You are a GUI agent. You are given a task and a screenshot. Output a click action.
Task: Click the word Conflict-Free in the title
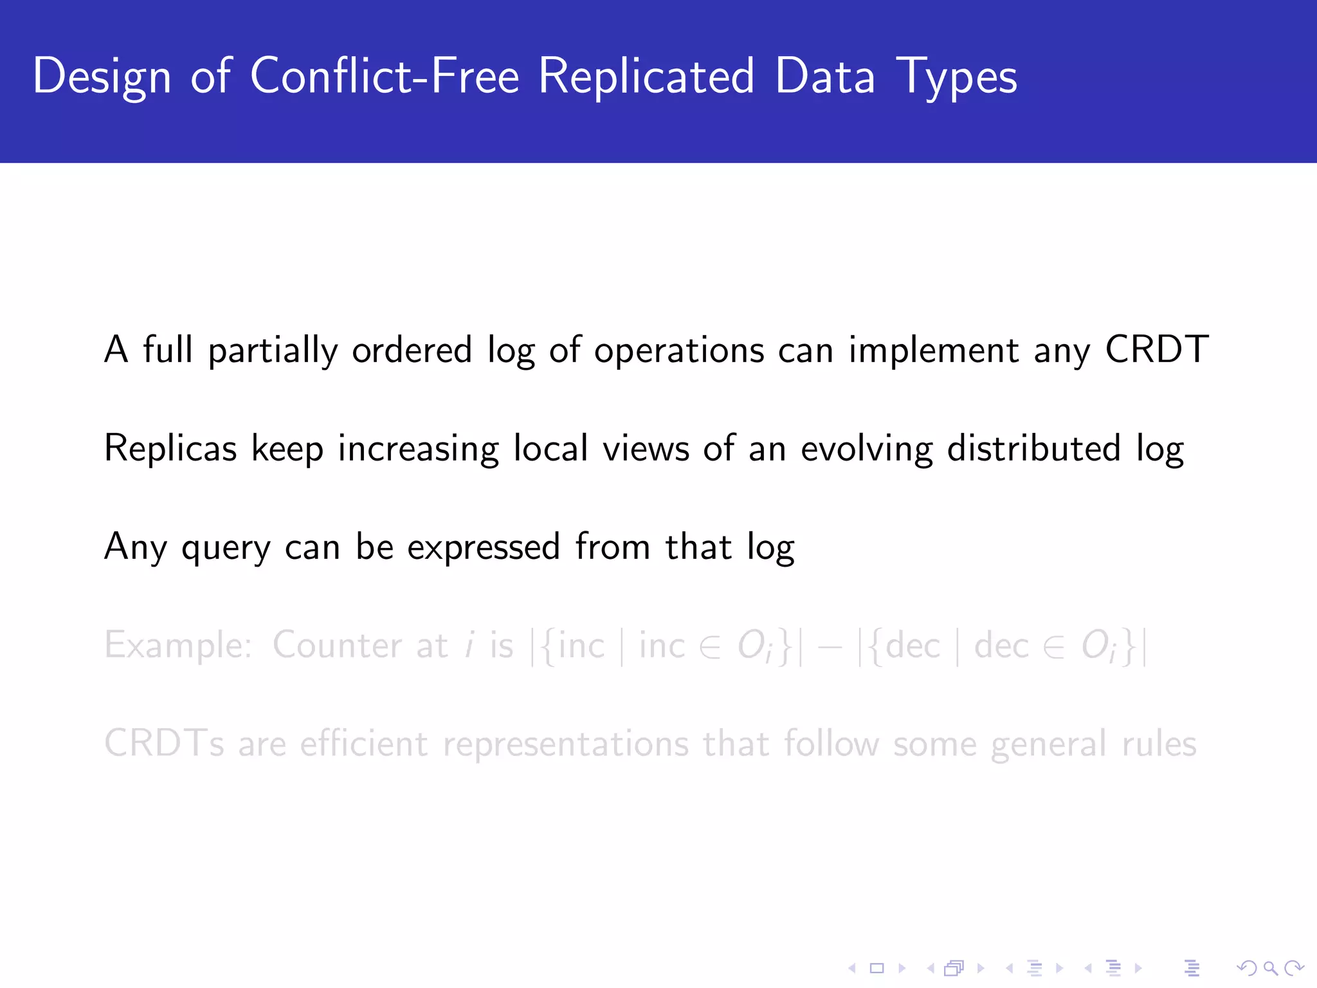(x=384, y=76)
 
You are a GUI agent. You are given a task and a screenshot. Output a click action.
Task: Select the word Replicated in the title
(x=646, y=76)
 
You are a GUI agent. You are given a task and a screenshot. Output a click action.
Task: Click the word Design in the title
(x=102, y=76)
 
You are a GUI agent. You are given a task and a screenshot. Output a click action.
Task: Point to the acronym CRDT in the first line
(x=1156, y=350)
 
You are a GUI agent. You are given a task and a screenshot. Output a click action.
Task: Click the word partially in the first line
(x=273, y=351)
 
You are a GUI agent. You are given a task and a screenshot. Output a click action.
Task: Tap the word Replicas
(x=170, y=448)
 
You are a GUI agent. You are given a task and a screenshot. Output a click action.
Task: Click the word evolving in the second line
(x=866, y=448)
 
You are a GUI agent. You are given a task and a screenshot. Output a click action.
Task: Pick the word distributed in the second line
(x=1034, y=448)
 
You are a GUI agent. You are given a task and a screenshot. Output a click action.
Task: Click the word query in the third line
(x=226, y=548)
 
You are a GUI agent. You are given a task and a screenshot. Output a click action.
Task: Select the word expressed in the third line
(x=484, y=548)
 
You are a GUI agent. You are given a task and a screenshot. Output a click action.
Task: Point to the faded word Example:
(x=178, y=645)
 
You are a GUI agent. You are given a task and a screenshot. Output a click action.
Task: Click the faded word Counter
(x=336, y=645)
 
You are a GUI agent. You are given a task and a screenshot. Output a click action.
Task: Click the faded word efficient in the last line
(x=363, y=744)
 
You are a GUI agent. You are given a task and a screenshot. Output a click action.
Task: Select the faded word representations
(x=565, y=745)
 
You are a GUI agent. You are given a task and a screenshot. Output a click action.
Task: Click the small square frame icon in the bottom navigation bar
(x=877, y=968)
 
